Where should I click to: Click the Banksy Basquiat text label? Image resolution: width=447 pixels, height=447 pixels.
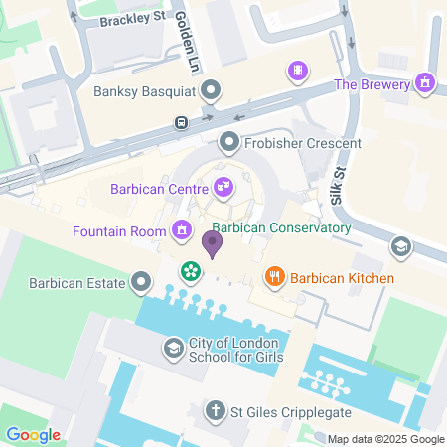[142, 93]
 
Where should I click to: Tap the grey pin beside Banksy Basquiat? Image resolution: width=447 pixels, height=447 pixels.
[211, 92]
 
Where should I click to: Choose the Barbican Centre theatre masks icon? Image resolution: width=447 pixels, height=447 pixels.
[223, 186]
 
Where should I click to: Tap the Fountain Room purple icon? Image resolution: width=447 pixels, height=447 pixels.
[181, 231]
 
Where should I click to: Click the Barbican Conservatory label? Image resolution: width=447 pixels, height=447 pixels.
[282, 227]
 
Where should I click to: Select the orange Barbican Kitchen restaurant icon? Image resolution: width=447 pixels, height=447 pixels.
[274, 277]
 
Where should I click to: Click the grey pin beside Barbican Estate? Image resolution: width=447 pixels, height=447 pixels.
[143, 283]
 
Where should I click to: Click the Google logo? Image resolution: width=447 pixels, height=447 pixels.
[34, 435]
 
